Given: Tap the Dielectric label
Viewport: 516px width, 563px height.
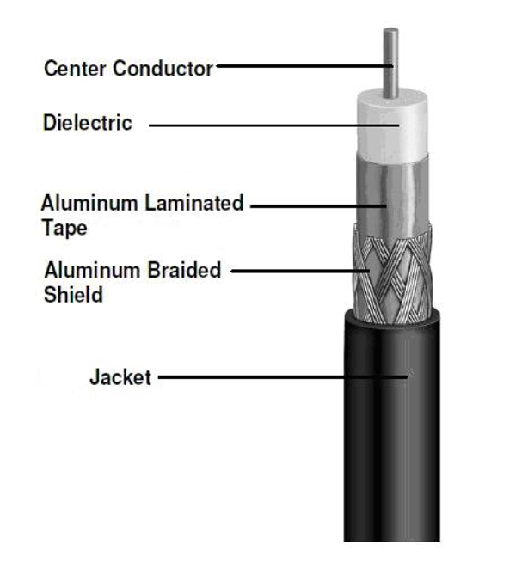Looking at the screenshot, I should pos(88,123).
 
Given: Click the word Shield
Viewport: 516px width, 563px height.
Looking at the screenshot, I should pos(73,295).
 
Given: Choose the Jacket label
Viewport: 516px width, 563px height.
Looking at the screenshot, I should pos(120,376).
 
